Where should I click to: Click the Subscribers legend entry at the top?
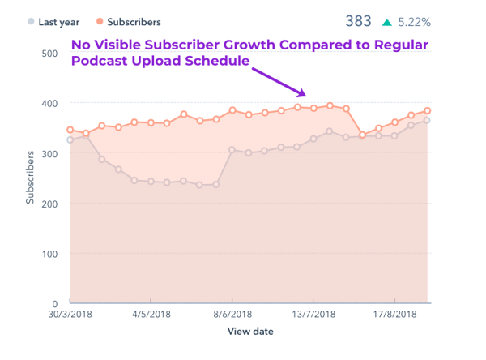click(129, 22)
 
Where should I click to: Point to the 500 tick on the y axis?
click(49, 54)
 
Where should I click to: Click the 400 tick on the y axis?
click(49, 104)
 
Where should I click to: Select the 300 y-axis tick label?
click(49, 153)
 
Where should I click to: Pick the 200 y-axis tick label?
click(49, 204)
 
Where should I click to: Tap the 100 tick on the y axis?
click(49, 254)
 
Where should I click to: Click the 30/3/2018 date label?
click(70, 314)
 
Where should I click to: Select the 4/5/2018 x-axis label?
click(151, 314)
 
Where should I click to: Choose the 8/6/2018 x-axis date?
click(232, 314)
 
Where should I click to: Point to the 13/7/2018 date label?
click(313, 314)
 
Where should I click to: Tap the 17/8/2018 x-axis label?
click(394, 314)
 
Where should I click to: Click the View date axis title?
click(249, 332)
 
